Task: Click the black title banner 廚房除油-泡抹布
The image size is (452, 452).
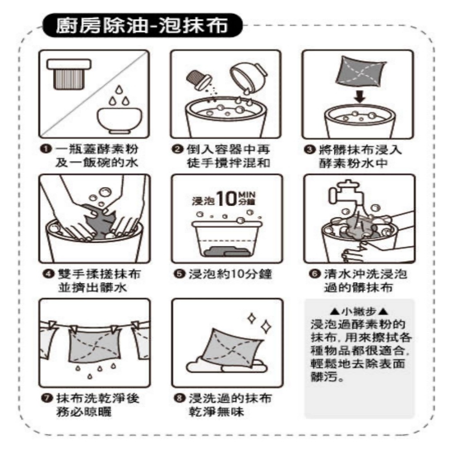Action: tap(142, 25)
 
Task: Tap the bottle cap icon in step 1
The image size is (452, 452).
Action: tap(69, 74)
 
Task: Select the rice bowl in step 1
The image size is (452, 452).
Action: tap(119, 121)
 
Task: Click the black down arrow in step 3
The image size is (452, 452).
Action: tap(359, 97)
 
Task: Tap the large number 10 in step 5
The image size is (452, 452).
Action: tap(226, 198)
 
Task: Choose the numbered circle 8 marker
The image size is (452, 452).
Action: tap(179, 398)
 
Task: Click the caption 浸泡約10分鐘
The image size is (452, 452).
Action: tap(230, 273)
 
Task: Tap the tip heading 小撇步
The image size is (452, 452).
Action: tap(359, 311)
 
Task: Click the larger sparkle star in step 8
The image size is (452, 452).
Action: tap(266, 327)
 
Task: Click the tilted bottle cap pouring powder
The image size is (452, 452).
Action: tap(199, 79)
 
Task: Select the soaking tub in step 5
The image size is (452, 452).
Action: tap(226, 238)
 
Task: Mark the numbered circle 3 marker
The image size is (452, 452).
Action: tap(310, 150)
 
